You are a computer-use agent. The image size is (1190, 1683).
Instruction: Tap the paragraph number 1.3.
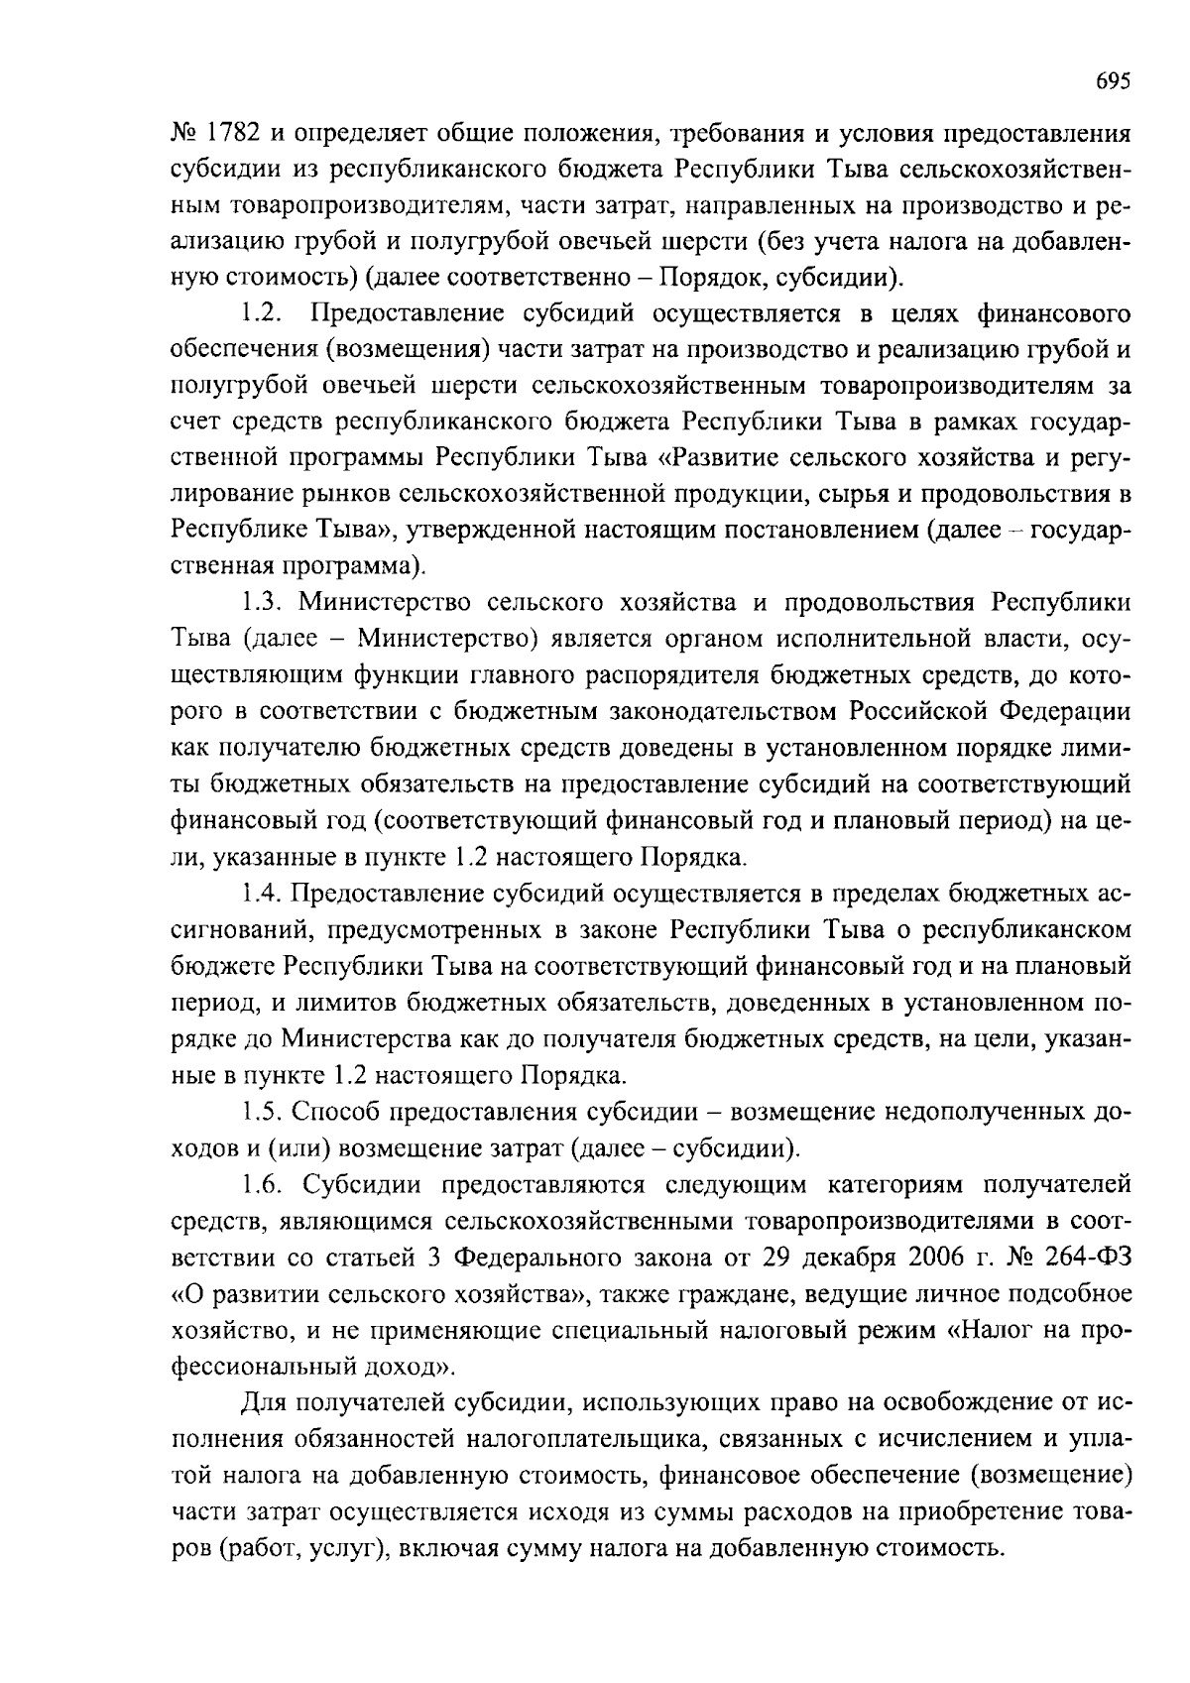[x=262, y=603]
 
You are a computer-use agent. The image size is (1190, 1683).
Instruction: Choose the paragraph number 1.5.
[x=262, y=1112]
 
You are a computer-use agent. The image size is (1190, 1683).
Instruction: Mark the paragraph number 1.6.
[x=262, y=1184]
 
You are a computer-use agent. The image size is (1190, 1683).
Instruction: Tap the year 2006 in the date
[x=934, y=1257]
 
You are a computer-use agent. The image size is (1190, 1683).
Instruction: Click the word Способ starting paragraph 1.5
[x=336, y=1112]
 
